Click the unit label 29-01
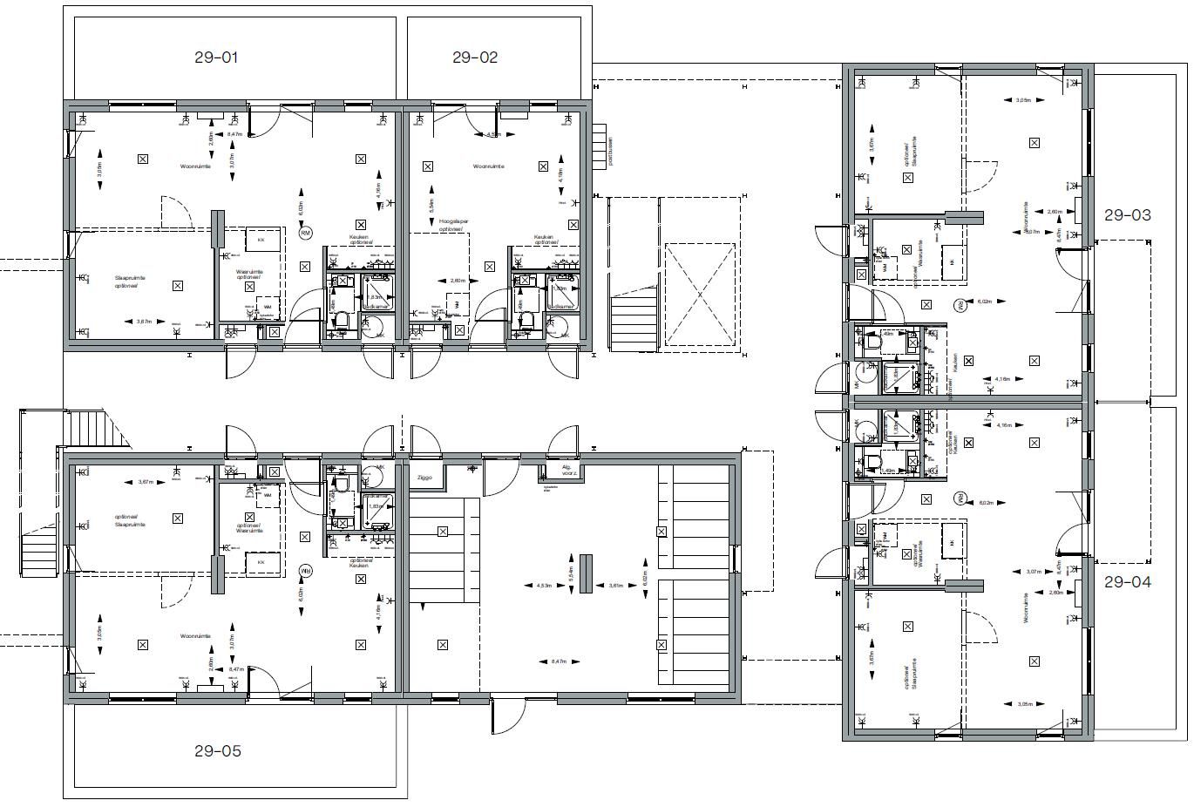tap(216, 58)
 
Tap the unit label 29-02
tap(475, 58)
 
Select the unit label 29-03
tap(1127, 214)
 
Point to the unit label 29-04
tap(1127, 582)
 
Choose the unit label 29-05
tap(218, 750)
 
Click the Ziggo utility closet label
tap(424, 478)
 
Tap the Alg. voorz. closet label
tap(549, 471)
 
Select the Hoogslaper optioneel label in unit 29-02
tap(451, 226)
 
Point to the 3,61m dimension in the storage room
tap(616, 586)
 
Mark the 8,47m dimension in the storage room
tap(559, 661)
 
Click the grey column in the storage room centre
tap(585, 573)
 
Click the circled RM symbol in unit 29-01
tap(305, 233)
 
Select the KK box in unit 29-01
tap(261, 240)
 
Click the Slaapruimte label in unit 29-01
tap(130, 281)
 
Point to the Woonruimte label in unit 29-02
tap(488, 166)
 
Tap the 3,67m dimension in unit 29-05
tap(146, 482)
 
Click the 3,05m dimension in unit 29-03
tap(1023, 100)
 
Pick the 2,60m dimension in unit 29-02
tap(458, 281)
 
